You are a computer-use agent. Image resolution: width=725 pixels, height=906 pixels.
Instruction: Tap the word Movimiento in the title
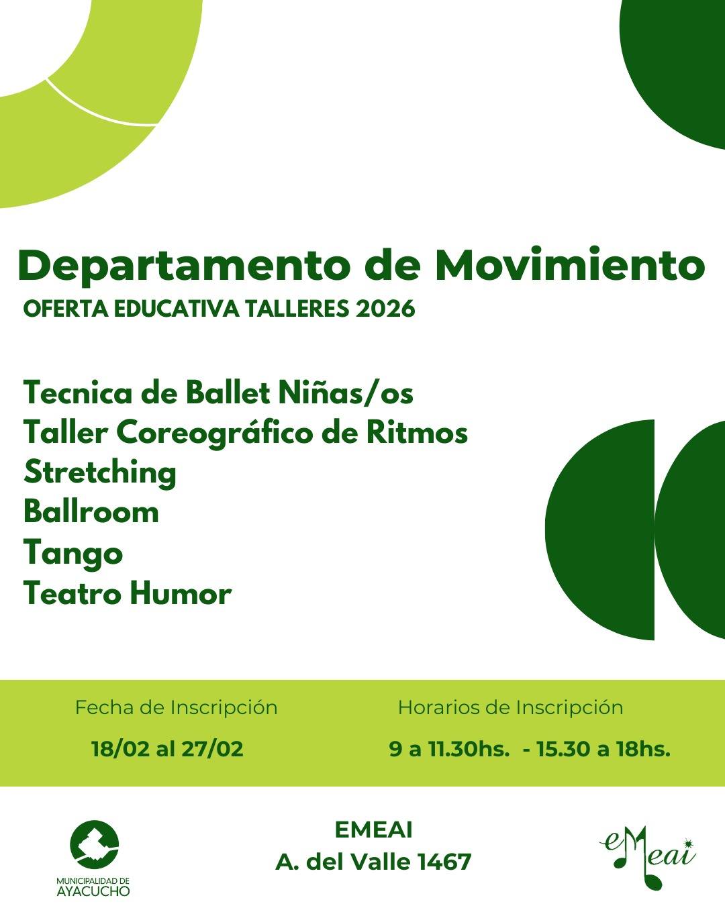coord(571,265)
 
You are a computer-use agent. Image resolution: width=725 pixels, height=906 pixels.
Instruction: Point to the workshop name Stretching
coord(100,473)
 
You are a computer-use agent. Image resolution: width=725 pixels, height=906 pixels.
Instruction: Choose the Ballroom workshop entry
coord(91,512)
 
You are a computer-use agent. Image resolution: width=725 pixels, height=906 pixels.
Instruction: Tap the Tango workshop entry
coord(73,554)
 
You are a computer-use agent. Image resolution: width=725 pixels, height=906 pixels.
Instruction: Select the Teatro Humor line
coord(128,593)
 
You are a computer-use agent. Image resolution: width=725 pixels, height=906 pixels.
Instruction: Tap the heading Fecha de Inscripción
coord(176,708)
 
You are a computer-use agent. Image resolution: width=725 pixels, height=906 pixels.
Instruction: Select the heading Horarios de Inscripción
coord(511,708)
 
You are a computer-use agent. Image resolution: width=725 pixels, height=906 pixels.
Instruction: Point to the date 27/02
coord(212,749)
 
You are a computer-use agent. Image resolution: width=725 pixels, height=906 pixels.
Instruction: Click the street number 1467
coord(444,862)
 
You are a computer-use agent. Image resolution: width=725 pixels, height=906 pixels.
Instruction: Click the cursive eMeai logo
coord(648,856)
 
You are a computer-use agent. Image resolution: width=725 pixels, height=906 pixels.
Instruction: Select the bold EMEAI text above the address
coord(373,829)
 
